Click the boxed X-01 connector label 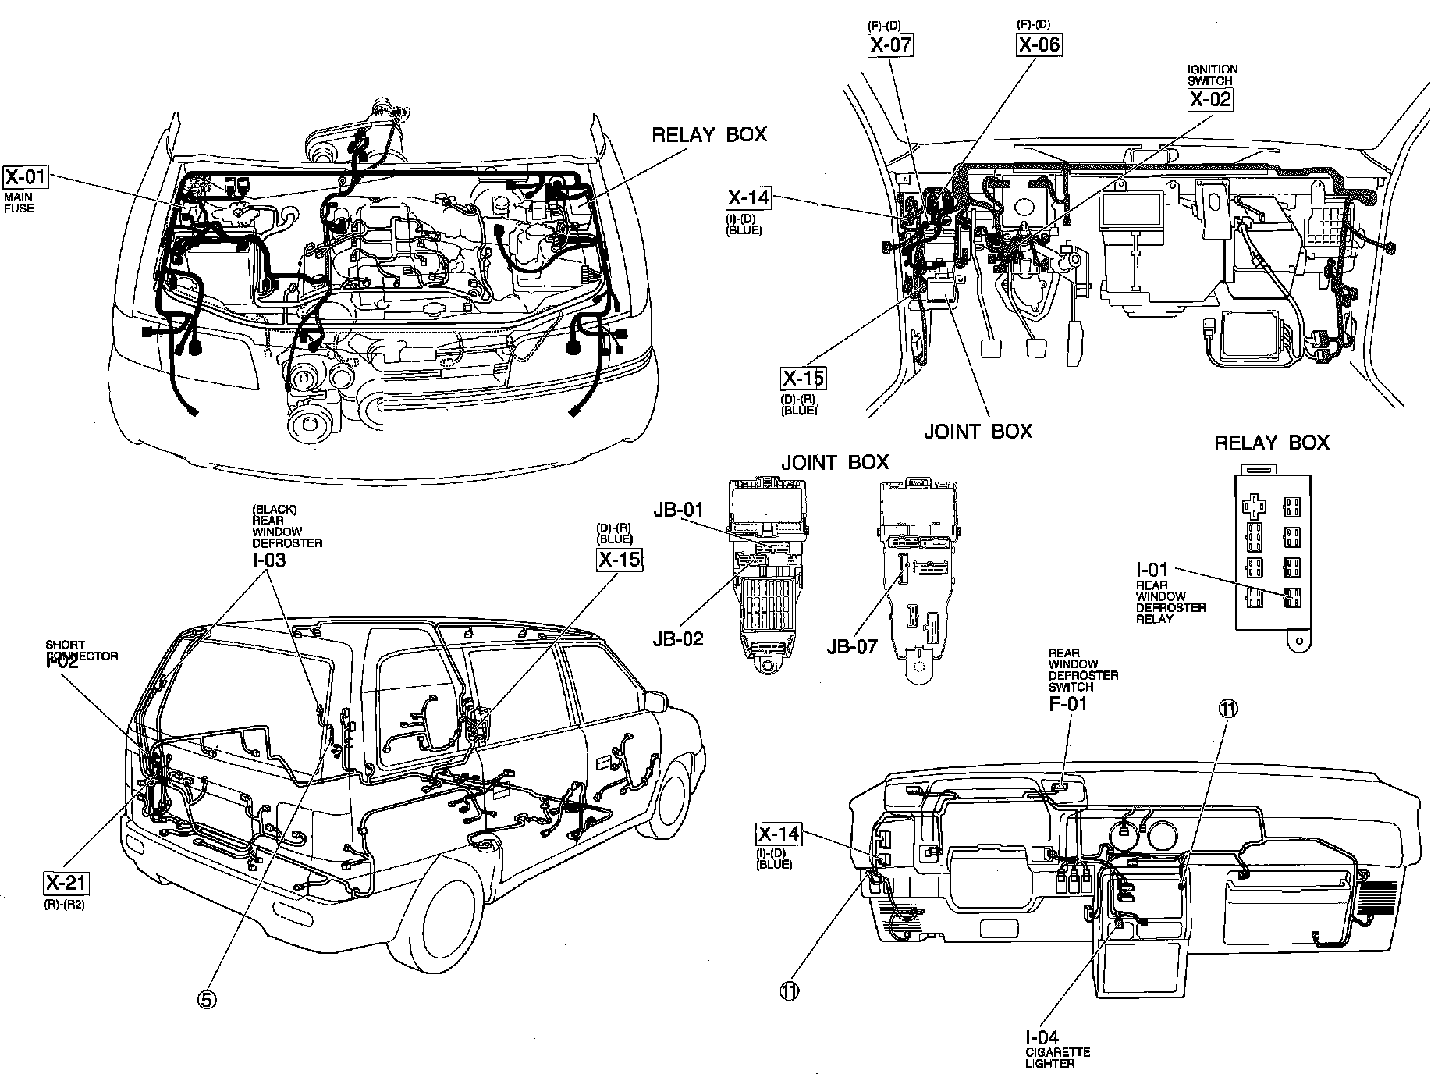tap(26, 176)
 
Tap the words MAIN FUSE tap(19, 203)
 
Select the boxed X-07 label tap(890, 44)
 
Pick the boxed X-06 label tap(1039, 44)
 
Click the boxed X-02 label tap(1210, 99)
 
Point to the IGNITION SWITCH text tap(1212, 75)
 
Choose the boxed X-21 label tap(66, 884)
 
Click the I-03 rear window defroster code tap(268, 560)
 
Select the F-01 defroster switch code tap(1067, 703)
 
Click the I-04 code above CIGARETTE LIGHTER tap(1042, 1037)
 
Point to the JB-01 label tap(679, 510)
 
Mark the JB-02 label tap(678, 639)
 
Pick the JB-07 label tap(851, 645)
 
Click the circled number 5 tap(207, 999)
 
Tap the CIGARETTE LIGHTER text tap(1058, 1058)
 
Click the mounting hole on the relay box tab tap(1298, 641)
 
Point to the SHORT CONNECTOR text tap(82, 651)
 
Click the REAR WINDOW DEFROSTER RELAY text tap(1170, 602)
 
